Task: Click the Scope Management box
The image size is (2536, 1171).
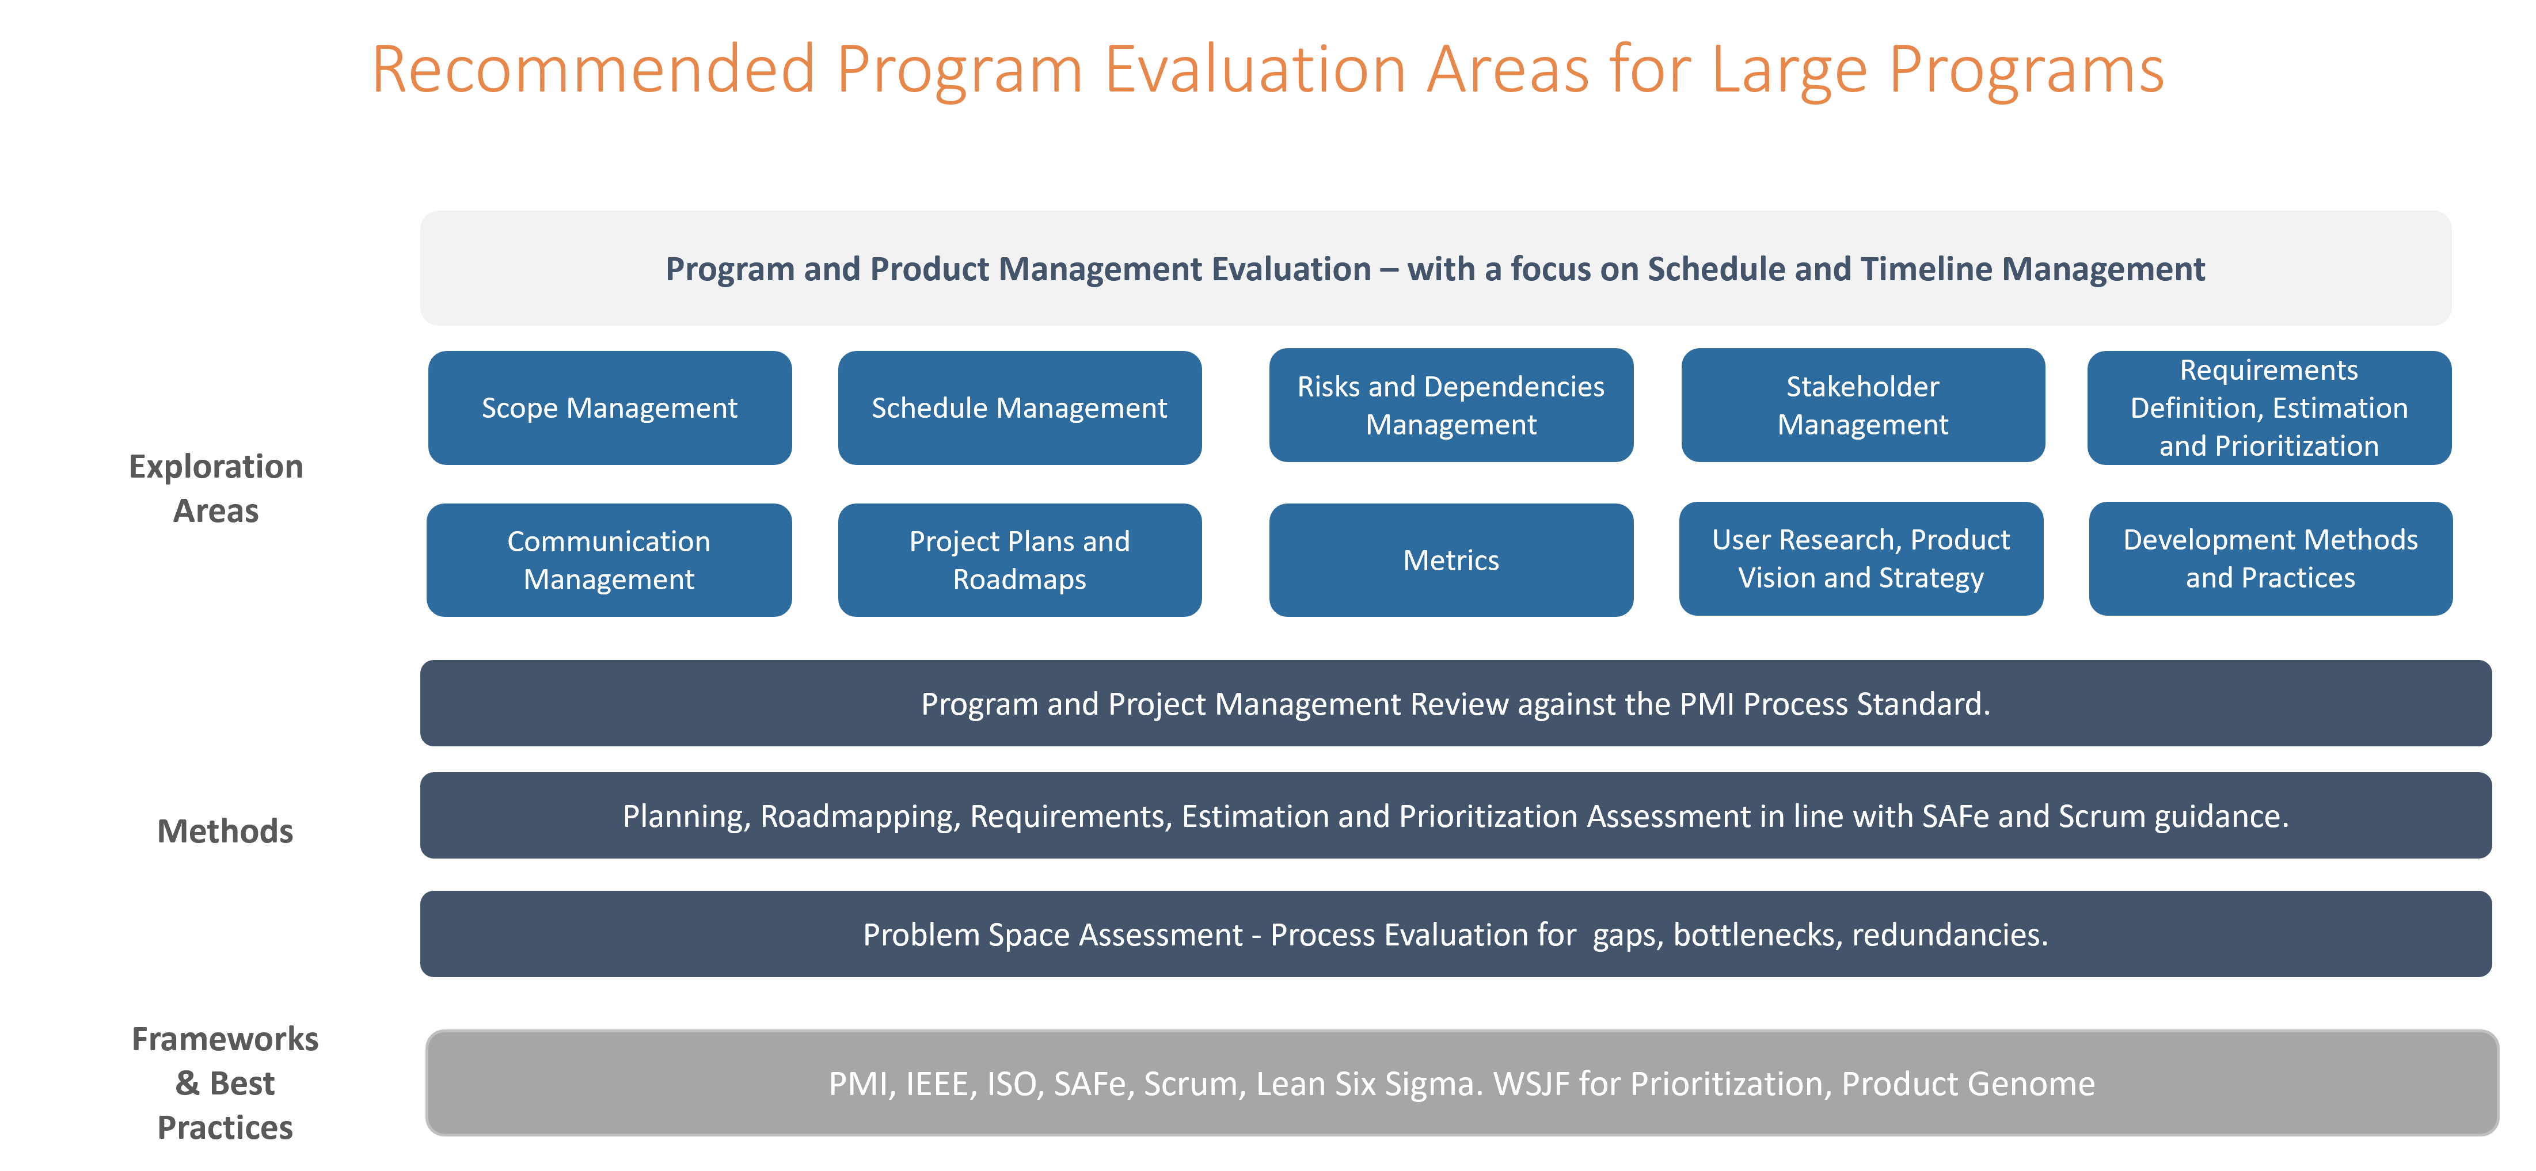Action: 609,407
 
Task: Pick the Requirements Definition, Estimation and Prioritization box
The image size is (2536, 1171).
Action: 2269,407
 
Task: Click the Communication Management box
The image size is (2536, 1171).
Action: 609,560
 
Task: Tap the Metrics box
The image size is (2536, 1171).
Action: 1451,560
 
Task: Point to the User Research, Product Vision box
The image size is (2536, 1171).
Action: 1861,558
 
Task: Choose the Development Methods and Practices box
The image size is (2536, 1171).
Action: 2270,558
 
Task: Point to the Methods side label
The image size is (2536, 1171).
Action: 226,831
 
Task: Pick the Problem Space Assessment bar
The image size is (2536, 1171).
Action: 1456,934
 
